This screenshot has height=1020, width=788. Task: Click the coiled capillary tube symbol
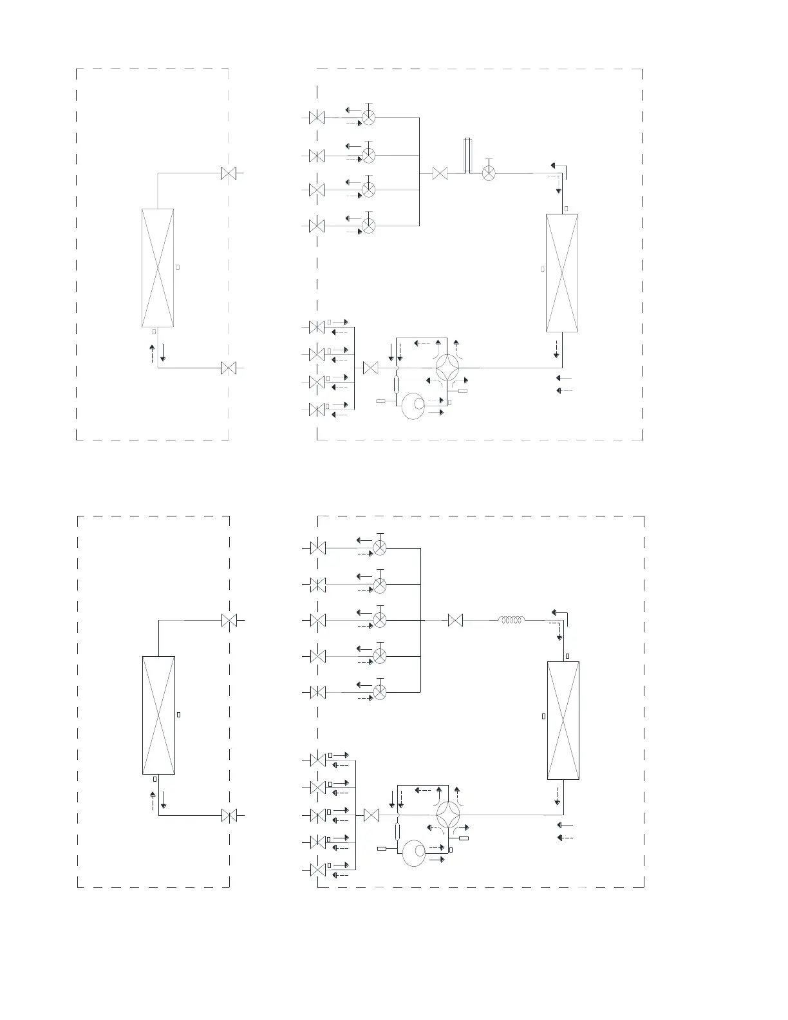coord(511,621)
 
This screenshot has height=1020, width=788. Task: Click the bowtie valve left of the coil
coord(455,621)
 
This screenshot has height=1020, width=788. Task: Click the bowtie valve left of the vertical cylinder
coord(440,173)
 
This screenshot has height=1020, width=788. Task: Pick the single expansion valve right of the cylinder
coord(489,173)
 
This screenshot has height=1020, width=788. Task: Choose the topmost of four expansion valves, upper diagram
coord(369,118)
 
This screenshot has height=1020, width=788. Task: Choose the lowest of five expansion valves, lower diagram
coord(380,692)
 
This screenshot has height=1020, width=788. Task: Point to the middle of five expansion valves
coord(380,621)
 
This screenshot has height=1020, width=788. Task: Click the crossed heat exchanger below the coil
coord(563,721)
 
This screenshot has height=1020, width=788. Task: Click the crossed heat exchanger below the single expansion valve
coord(561,273)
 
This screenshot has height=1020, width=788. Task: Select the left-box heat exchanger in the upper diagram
coord(158,268)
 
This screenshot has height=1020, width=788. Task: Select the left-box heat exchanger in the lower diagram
coord(158,715)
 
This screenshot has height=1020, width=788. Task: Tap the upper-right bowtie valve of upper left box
coord(229,173)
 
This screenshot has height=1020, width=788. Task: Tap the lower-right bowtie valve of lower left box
coord(229,816)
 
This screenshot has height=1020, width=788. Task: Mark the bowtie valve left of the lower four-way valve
coord(371,816)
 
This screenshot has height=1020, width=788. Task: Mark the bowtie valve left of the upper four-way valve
coord(370,368)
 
